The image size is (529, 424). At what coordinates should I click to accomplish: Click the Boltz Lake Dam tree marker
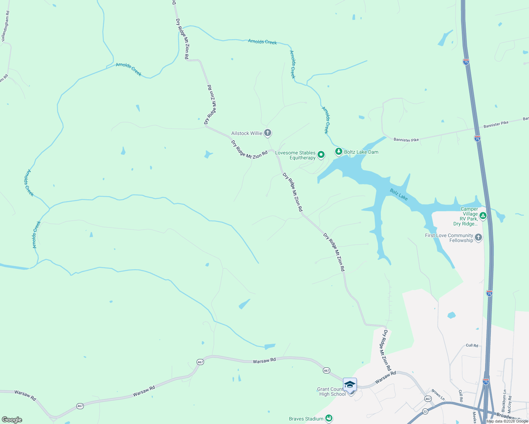tap(339, 152)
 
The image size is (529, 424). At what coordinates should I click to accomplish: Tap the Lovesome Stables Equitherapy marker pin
tap(321, 154)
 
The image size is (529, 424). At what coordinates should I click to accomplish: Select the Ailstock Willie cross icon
tap(268, 133)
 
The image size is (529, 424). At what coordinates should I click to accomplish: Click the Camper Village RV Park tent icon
tap(483, 216)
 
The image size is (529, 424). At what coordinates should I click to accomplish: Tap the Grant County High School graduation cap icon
tap(350, 384)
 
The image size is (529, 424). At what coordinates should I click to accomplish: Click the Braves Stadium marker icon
tap(329, 418)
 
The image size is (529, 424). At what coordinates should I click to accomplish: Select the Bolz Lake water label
tap(399, 195)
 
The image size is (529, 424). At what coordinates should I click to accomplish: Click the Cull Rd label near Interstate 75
tap(472, 345)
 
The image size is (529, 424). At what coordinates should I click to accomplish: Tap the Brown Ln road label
tap(438, 395)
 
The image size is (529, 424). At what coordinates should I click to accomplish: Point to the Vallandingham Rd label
tap(6, 26)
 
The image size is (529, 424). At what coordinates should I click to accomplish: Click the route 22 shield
tap(425, 411)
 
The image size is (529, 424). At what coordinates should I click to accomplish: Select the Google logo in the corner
tap(12, 420)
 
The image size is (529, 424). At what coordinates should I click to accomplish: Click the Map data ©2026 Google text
tap(507, 421)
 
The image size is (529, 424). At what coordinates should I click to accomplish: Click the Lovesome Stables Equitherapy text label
tap(296, 155)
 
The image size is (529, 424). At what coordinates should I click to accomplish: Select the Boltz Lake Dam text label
tap(361, 152)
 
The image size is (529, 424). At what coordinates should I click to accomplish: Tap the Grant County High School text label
tap(331, 391)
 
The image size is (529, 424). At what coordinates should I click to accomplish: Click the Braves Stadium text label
tap(306, 419)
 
